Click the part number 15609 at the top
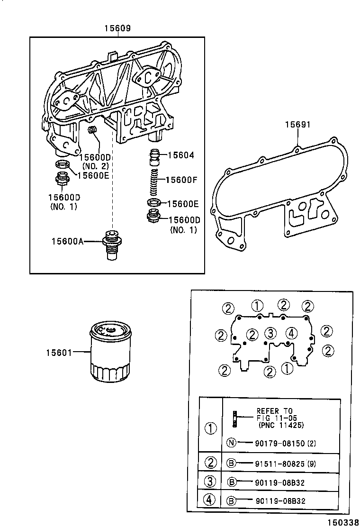[117, 29]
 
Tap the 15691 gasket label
[297, 125]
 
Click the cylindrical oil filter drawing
[109, 351]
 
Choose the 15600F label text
[183, 180]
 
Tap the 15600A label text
[67, 242]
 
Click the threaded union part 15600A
[112, 244]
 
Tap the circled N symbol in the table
[231, 443]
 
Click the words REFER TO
[275, 411]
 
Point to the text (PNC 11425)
[281, 425]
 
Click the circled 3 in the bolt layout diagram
[270, 333]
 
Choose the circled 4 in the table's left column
[210, 499]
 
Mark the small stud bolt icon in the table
[234, 418]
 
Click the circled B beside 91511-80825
[231, 463]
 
